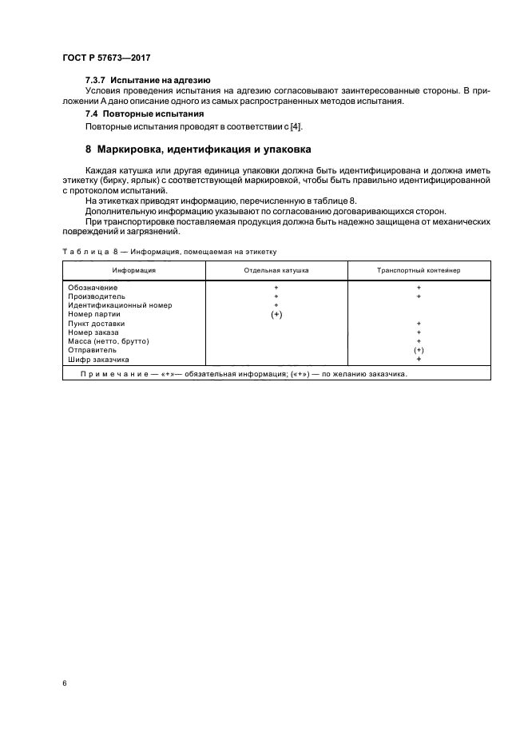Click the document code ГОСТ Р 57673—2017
click(x=106, y=58)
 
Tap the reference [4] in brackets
click(x=296, y=126)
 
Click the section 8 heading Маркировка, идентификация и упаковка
click(x=198, y=149)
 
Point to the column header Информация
click(x=133, y=271)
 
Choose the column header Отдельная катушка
click(x=276, y=271)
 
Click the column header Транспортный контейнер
click(x=418, y=271)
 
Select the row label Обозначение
click(x=93, y=287)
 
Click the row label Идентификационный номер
click(x=120, y=305)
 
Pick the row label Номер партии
click(x=94, y=314)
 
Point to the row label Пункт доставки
click(x=97, y=323)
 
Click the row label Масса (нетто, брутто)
click(x=109, y=341)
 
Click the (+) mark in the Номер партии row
click(x=276, y=314)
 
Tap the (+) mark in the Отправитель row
click(x=419, y=350)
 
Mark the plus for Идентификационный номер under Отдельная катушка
click(x=276, y=305)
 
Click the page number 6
click(x=64, y=683)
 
